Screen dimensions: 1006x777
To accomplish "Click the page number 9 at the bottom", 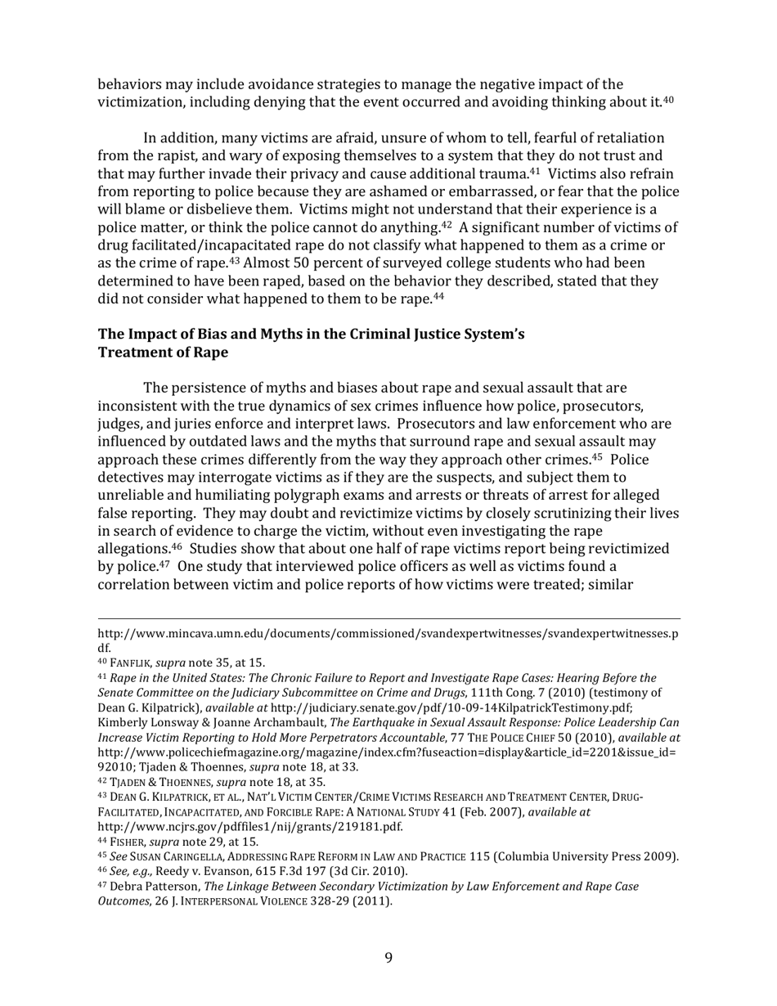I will (388, 957).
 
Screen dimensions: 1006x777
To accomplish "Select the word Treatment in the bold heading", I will (132, 352).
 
